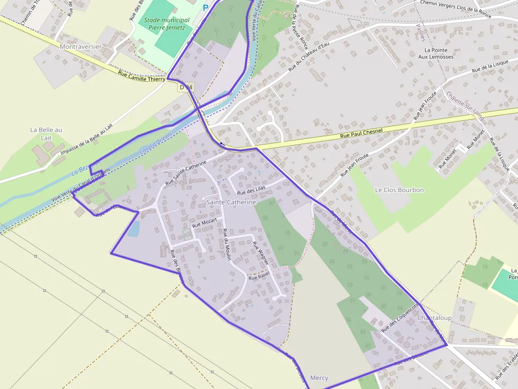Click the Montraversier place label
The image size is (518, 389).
pos(81,46)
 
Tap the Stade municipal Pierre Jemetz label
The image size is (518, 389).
pos(164,24)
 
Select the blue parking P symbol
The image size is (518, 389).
pos(206,8)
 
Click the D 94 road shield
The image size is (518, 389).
pos(186,87)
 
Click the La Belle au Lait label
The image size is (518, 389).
pos(46,134)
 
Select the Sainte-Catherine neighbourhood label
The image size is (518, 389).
pos(231,202)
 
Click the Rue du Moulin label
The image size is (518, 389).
pos(227,245)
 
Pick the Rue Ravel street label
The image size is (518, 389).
pos(259,276)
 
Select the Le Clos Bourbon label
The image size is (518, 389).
pos(399,189)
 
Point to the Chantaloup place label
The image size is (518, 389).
pos(434,318)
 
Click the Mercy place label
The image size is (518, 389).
pos(319,378)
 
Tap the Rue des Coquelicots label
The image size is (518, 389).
pos(400,317)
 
